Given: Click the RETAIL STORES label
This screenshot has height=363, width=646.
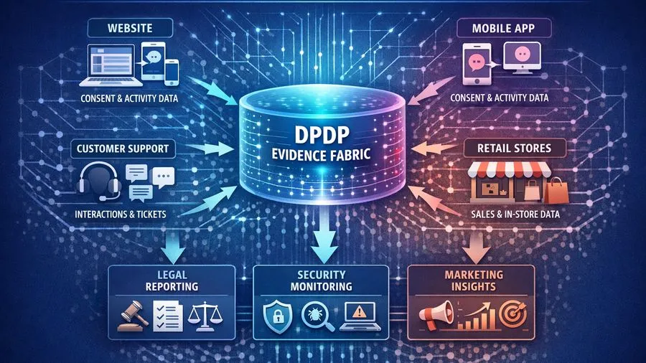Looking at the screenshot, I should pyautogui.click(x=514, y=149).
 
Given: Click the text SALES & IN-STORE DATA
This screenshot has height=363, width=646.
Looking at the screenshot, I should pyautogui.click(x=514, y=213).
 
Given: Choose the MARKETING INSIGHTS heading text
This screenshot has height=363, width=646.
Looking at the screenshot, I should pyautogui.click(x=474, y=280).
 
